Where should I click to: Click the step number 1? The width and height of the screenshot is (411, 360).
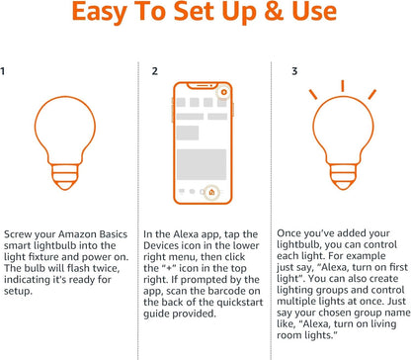[6, 72]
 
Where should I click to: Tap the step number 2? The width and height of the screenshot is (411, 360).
[154, 72]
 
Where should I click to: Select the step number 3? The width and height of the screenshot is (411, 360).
[294, 72]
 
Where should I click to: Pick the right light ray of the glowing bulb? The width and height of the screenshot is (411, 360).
[371, 93]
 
